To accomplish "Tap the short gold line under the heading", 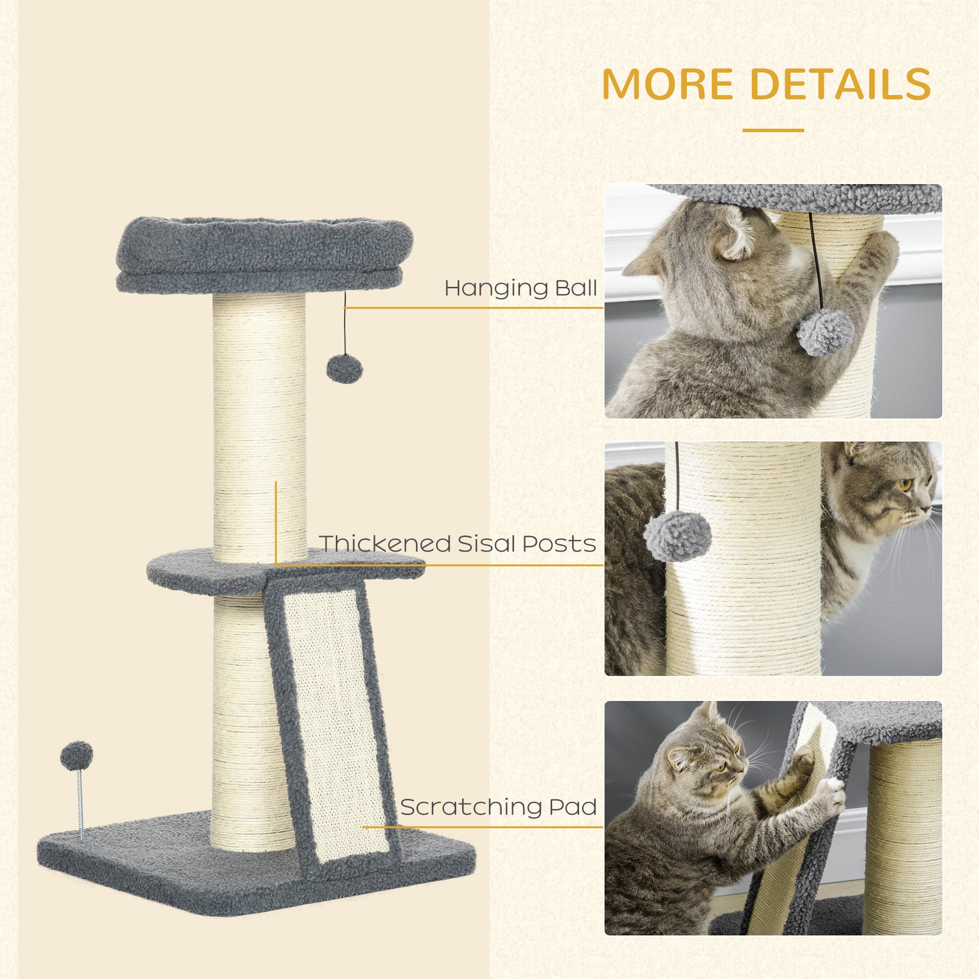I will click(773, 130).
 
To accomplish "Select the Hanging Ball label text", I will click(520, 288).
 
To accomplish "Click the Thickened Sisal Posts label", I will click(458, 544).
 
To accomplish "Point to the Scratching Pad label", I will click(499, 807).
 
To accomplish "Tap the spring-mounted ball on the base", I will click(76, 755).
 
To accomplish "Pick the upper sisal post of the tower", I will click(259, 426).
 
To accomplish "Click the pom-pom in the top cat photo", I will click(825, 332).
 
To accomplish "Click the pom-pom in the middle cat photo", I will click(677, 536).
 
